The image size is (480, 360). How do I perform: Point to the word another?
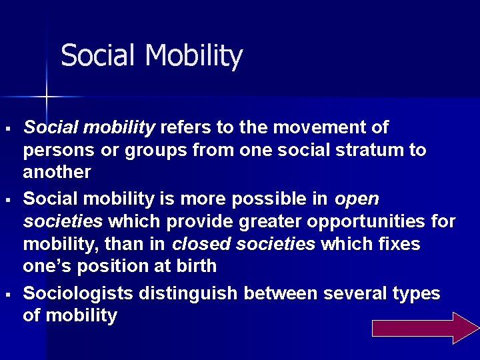point(57,172)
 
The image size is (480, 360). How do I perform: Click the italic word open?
point(357,199)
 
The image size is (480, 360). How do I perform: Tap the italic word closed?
point(197,244)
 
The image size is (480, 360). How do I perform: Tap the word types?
point(417,293)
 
